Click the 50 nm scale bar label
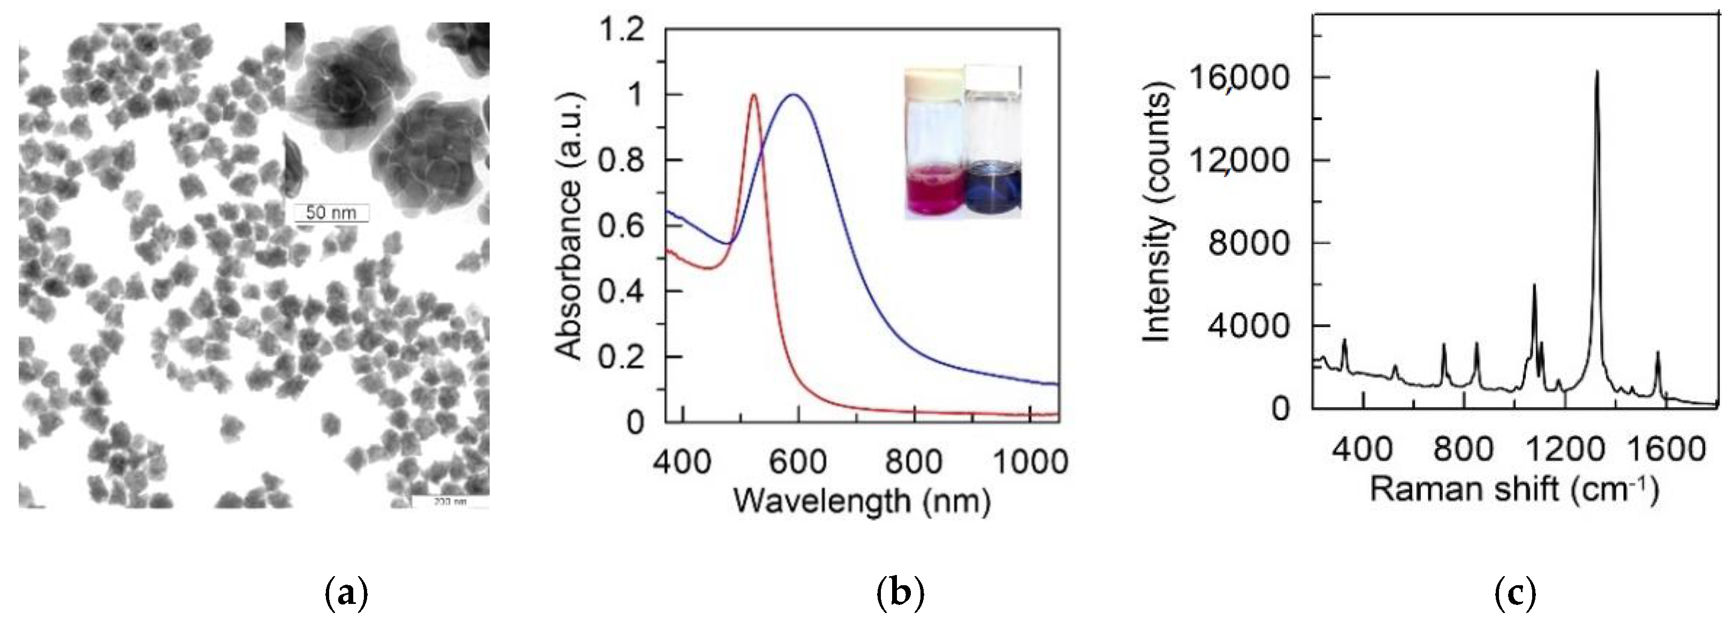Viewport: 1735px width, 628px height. click(x=331, y=213)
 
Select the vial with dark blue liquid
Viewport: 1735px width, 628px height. click(x=993, y=145)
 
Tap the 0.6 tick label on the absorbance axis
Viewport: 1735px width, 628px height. click(x=621, y=226)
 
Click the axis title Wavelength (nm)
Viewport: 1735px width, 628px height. click(x=862, y=501)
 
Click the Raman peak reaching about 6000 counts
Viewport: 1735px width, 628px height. click(x=1534, y=286)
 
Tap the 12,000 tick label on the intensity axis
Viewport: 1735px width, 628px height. click(x=1234, y=160)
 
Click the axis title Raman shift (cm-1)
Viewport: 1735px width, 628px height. click(x=1514, y=489)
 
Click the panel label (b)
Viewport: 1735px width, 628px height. click(x=901, y=594)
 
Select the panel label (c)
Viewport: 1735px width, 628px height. click(x=1515, y=594)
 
